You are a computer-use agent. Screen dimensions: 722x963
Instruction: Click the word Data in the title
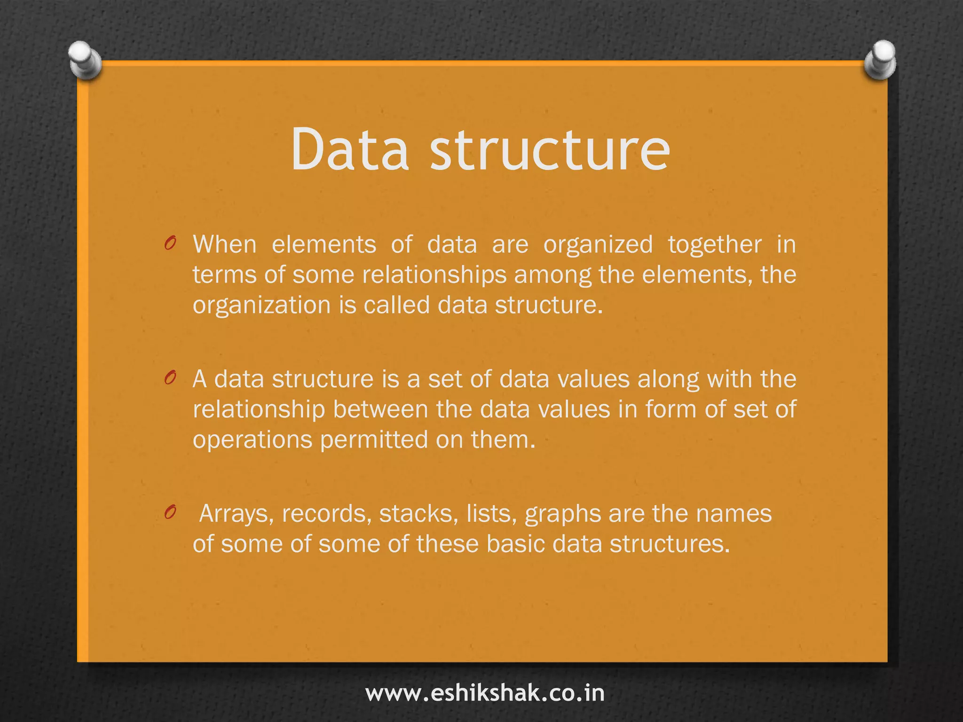(350, 149)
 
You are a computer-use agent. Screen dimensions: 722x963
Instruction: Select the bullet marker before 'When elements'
(170, 243)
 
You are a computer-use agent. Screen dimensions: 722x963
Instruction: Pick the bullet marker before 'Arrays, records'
(170, 512)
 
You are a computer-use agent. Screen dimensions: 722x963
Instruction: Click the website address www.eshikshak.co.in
(485, 693)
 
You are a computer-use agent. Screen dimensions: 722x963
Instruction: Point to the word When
(225, 244)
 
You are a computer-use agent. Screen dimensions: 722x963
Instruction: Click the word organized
(598, 245)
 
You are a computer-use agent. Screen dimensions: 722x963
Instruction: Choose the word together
(715, 245)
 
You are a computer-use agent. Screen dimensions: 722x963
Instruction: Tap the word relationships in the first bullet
(434, 275)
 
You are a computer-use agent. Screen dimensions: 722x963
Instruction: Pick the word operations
(253, 440)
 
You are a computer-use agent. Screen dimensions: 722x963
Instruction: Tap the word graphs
(562, 514)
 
